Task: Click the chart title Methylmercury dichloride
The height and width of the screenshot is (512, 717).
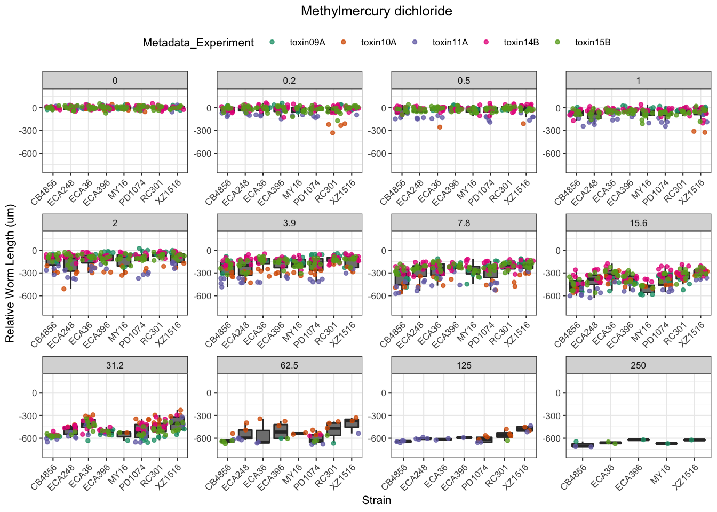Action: click(376, 11)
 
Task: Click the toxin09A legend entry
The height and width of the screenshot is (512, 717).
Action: click(307, 43)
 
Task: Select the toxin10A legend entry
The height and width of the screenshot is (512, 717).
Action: click(378, 43)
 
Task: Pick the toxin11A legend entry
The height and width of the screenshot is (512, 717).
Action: click(450, 43)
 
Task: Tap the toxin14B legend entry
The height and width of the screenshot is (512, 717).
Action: click(521, 43)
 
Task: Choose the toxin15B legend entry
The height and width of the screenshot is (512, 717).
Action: click(593, 43)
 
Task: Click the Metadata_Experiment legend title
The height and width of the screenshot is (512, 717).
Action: click(198, 43)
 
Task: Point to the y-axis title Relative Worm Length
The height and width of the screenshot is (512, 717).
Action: click(10, 273)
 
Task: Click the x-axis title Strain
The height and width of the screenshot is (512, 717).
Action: click(376, 500)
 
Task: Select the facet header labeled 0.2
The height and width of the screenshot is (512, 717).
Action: click(289, 81)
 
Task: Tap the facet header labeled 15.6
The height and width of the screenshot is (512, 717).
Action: click(638, 223)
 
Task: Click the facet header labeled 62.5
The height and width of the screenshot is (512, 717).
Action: click(289, 365)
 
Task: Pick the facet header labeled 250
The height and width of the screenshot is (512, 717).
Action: click(638, 365)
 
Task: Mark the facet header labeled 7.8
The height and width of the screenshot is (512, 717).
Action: click(464, 223)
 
